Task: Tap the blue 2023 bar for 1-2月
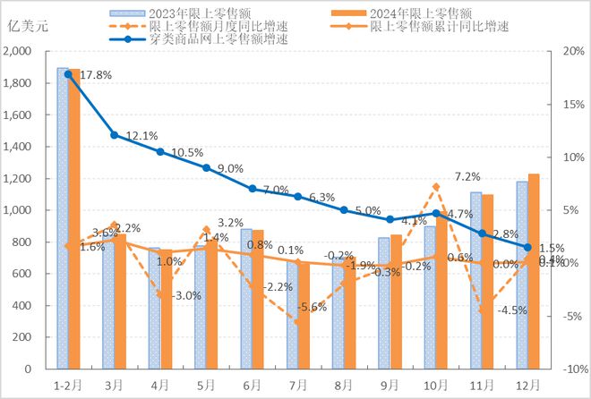coord(62,218)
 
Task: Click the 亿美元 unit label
coord(28,25)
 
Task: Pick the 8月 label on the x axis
coord(344,384)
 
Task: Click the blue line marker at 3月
coord(114,135)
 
